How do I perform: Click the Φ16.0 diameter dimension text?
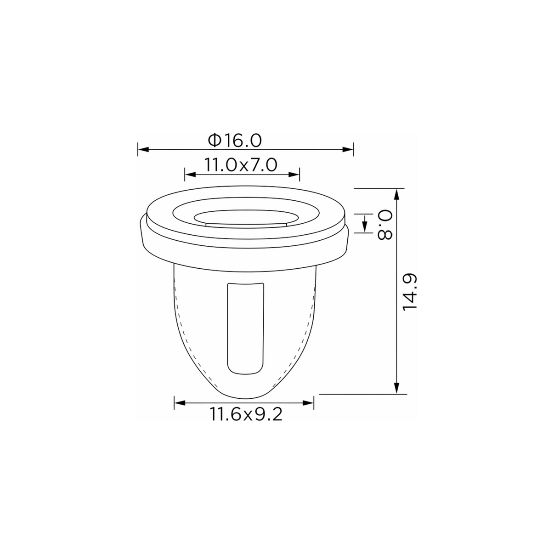click(x=235, y=141)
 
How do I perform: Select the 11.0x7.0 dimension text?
click(x=241, y=165)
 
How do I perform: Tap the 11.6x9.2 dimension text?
click(x=246, y=414)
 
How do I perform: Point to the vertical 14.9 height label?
click(x=409, y=292)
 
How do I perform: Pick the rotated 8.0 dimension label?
click(x=385, y=225)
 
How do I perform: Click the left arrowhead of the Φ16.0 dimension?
click(x=143, y=149)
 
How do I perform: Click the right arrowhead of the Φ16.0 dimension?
click(x=348, y=149)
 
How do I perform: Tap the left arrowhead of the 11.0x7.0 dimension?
click(x=190, y=175)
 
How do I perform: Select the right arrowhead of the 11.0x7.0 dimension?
click(x=294, y=175)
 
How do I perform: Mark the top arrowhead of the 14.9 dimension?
click(x=397, y=194)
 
